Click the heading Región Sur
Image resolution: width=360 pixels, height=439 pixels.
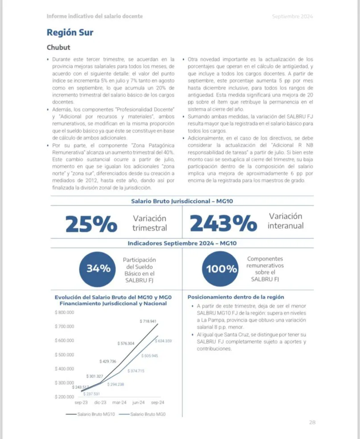(70, 33)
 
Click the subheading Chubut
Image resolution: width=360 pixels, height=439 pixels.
(58, 47)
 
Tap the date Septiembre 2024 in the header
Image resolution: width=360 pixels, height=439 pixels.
(293, 17)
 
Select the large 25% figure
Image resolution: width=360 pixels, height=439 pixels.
(91, 224)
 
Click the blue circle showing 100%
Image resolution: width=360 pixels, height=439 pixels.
(221, 269)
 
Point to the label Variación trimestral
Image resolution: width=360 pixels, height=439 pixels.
(149, 223)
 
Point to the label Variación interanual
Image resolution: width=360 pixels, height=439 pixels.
(286, 221)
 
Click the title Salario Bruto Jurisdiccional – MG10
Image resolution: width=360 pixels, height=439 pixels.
(182, 201)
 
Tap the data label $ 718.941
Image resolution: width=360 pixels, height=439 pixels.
(148, 321)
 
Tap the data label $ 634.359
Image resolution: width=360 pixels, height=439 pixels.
(163, 341)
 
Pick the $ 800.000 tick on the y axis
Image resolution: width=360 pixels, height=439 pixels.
(64, 312)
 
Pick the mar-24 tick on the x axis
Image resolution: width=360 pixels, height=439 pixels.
(119, 402)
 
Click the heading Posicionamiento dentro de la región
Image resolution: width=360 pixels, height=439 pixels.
(236, 297)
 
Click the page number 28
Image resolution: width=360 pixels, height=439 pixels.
(312, 422)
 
